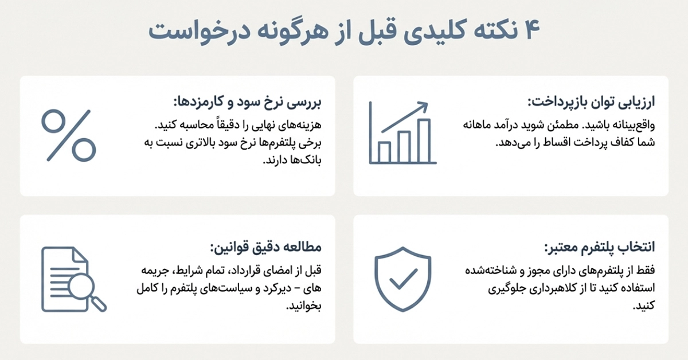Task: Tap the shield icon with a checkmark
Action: [404, 279]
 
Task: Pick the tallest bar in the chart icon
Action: [424, 140]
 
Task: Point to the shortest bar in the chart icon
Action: [384, 151]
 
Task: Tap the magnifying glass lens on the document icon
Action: [88, 293]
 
